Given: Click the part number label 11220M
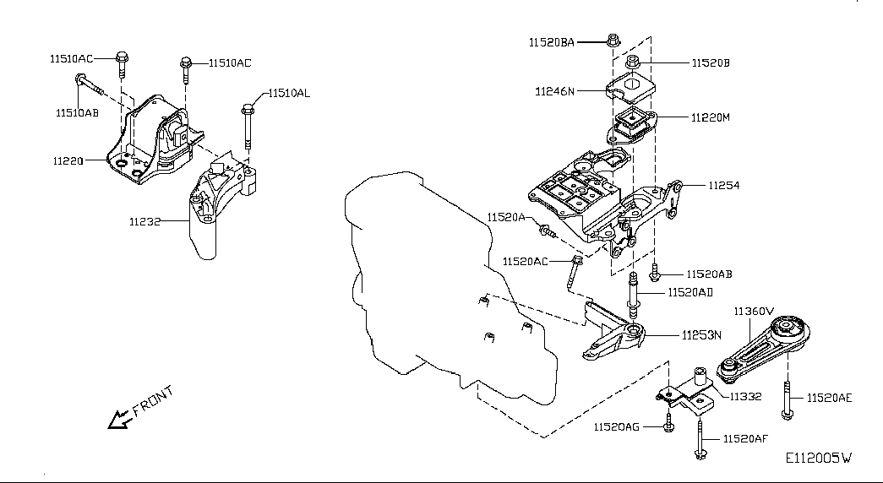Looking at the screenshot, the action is click(x=711, y=117).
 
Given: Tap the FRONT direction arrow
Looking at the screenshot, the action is click(x=119, y=420).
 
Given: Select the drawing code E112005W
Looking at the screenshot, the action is click(x=819, y=459).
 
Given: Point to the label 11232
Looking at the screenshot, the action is click(x=144, y=222).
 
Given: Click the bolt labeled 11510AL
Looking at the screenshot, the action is click(x=248, y=126).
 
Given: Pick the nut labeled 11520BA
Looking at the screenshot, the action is click(x=613, y=41).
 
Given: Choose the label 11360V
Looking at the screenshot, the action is click(x=754, y=312).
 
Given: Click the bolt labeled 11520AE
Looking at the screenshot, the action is click(x=787, y=399).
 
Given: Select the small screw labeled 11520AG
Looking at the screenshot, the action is click(x=668, y=422).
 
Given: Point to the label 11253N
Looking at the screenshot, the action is click(x=701, y=335).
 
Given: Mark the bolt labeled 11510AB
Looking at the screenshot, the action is click(x=90, y=85).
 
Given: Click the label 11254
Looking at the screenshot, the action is click(x=724, y=185).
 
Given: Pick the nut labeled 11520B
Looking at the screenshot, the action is click(x=632, y=62).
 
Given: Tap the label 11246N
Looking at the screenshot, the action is click(x=554, y=91).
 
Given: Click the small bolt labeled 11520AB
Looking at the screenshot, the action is click(x=654, y=273).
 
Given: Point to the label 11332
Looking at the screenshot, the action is click(x=745, y=397).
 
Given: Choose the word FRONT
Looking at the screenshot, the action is click(x=153, y=399).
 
